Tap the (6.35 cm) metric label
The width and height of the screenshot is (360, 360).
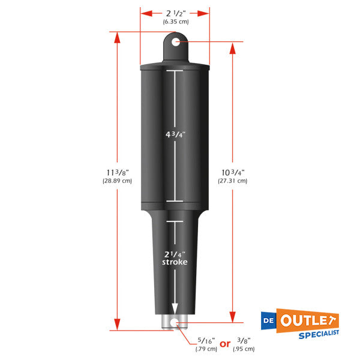(x=175, y=22)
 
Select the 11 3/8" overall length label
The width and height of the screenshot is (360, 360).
(x=117, y=173)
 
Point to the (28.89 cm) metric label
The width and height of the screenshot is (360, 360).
(x=117, y=181)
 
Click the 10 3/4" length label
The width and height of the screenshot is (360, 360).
(x=232, y=173)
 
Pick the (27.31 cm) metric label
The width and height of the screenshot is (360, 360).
(x=232, y=181)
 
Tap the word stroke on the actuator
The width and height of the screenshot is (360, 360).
(x=175, y=263)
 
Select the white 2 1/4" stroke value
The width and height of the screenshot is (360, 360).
(x=175, y=254)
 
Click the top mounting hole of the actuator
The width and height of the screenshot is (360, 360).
(x=175, y=42)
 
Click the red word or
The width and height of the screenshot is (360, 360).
(x=226, y=344)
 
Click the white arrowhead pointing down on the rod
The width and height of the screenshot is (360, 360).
(x=175, y=309)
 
